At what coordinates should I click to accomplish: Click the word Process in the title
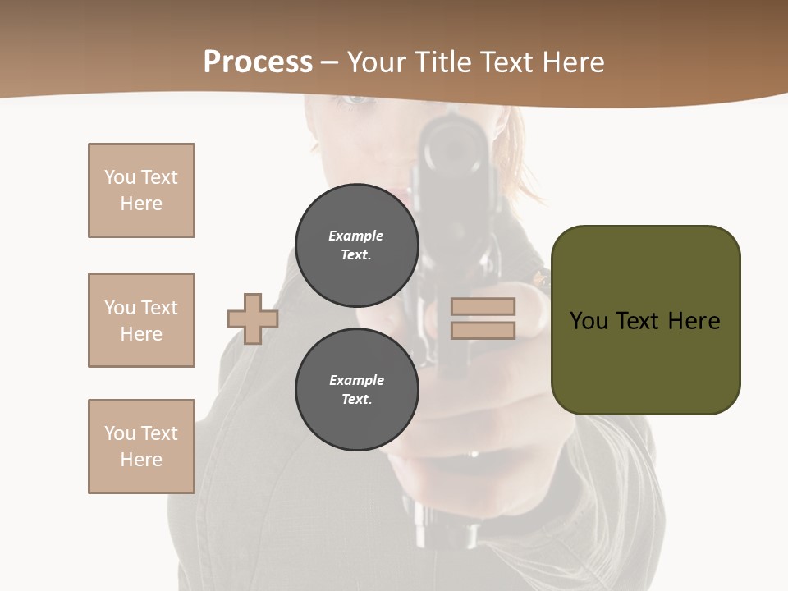(258, 62)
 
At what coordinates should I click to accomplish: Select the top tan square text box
(141, 190)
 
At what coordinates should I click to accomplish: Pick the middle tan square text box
(141, 320)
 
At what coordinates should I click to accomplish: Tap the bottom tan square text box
(141, 447)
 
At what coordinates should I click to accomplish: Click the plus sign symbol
(253, 318)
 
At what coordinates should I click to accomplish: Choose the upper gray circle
(356, 245)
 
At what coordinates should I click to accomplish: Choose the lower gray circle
(356, 390)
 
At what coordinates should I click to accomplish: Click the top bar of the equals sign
(483, 306)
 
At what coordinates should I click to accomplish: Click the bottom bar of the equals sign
(483, 330)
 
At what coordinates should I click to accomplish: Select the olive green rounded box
(645, 320)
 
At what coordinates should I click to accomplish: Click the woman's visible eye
(355, 99)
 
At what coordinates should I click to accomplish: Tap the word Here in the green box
(694, 321)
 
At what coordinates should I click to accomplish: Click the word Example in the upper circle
(356, 236)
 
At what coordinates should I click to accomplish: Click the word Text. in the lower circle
(356, 400)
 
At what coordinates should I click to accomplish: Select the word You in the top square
(120, 177)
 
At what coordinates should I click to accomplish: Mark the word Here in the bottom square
(141, 460)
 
